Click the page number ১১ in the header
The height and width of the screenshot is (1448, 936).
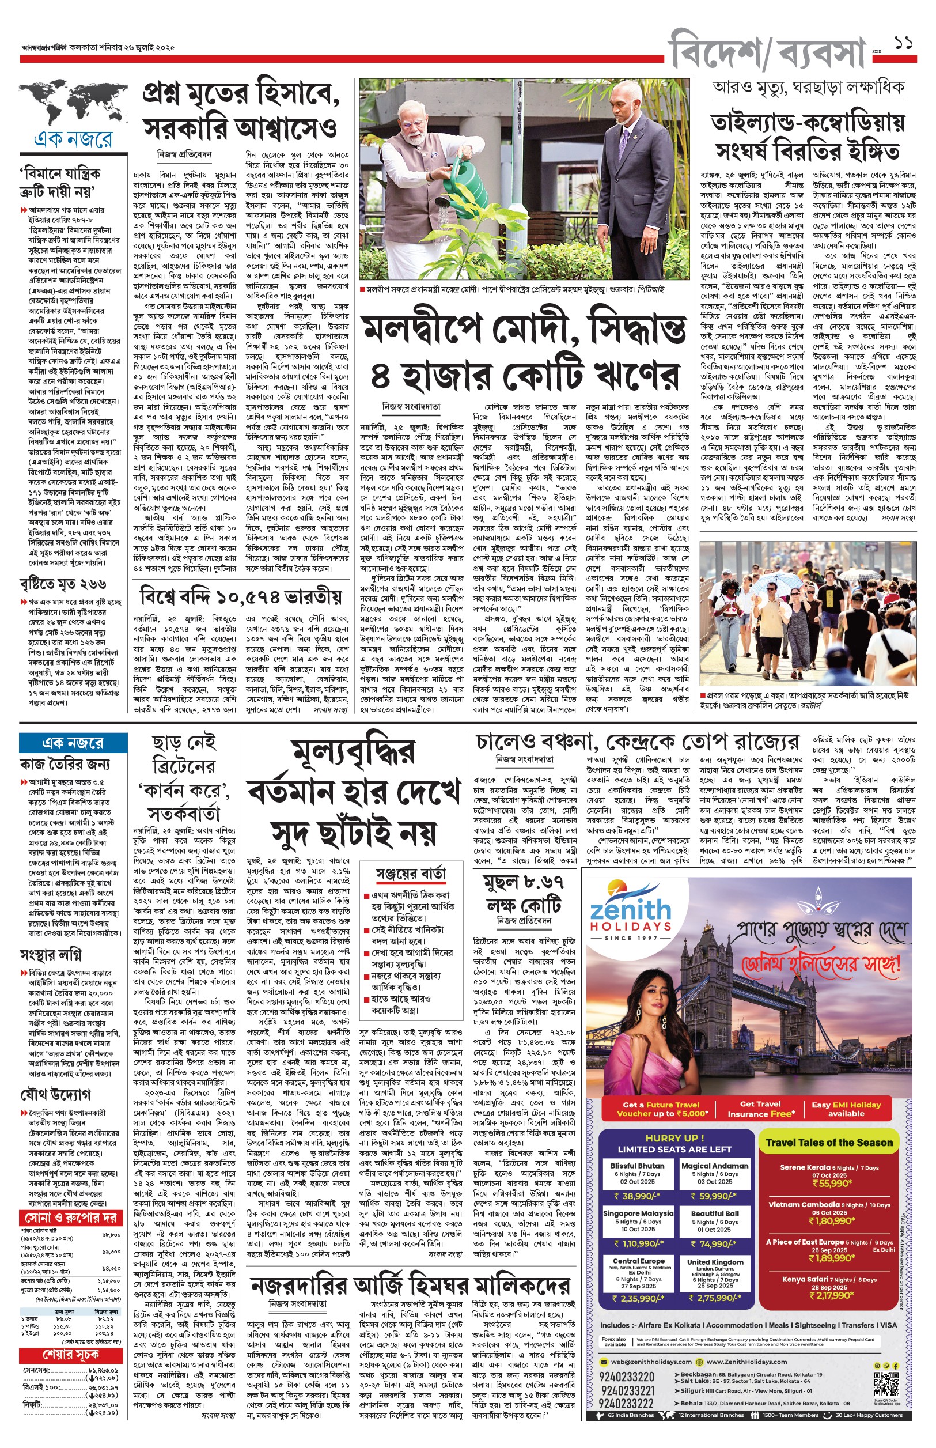click(904, 43)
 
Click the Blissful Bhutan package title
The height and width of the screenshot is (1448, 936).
click(638, 1165)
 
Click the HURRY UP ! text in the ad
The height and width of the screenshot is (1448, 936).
click(674, 1137)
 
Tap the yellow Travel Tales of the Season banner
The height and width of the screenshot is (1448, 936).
click(829, 1142)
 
